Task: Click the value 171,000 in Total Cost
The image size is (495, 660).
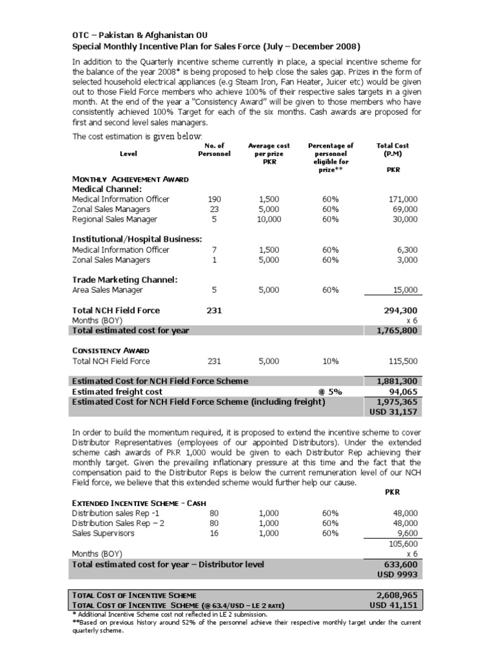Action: click(403, 200)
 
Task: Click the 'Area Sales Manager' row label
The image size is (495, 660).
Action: click(108, 290)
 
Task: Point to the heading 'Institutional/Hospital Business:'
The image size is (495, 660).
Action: click(137, 239)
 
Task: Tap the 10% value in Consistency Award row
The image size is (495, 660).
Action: click(331, 362)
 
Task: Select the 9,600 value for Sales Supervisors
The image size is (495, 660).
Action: click(405, 534)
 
